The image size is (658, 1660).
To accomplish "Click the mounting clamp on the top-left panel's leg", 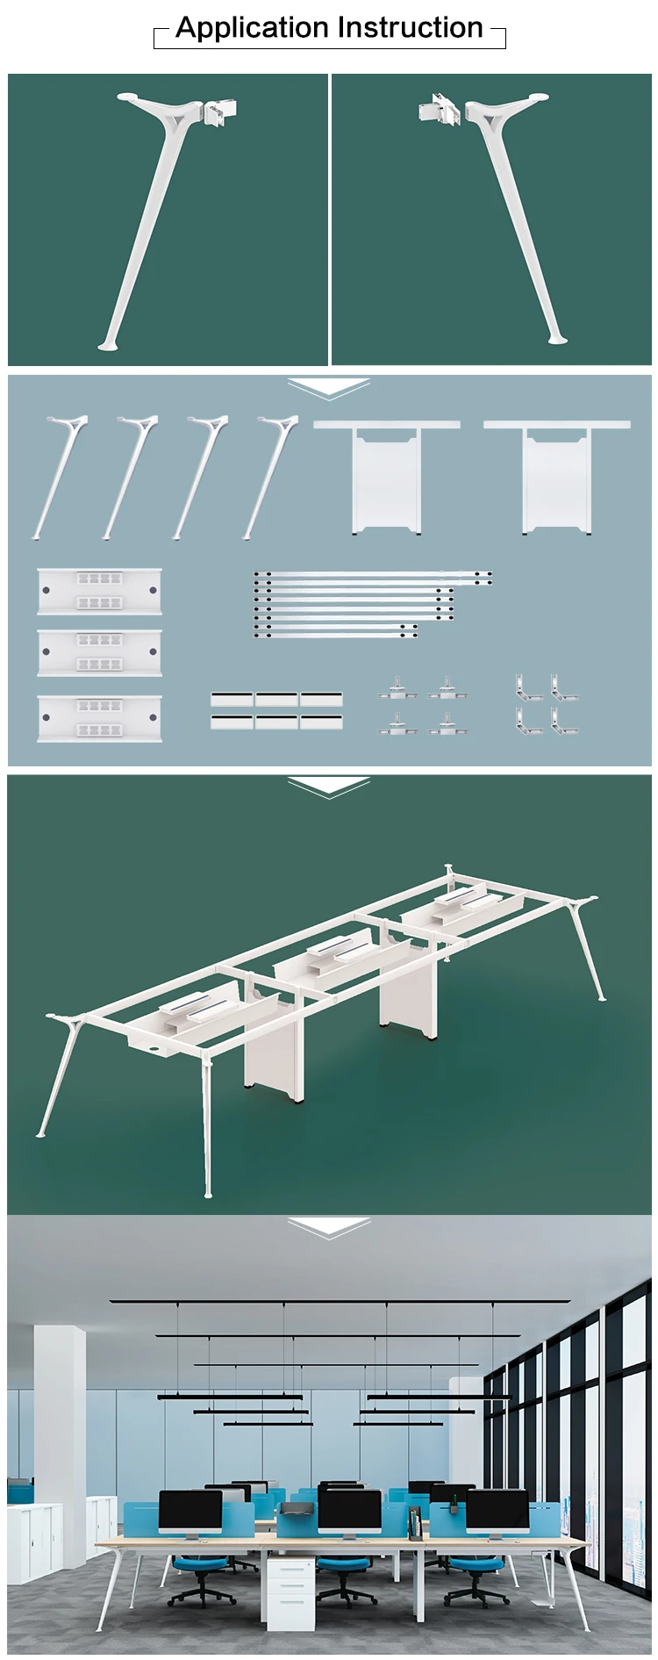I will tap(220, 113).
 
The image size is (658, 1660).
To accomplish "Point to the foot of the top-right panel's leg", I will tap(556, 338).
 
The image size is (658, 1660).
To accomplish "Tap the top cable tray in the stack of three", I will tap(99, 591).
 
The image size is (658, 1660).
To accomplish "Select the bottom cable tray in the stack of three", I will tap(99, 718).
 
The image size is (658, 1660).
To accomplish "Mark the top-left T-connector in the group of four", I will tap(397, 687).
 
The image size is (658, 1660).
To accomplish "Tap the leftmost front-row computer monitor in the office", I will tap(190, 1513).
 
